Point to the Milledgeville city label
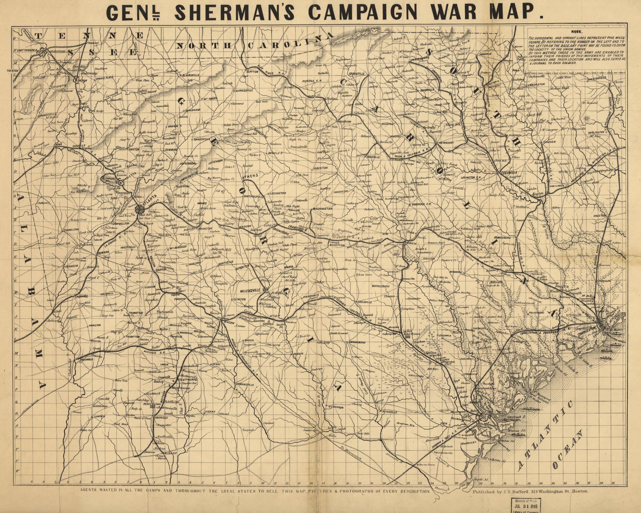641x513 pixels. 252,289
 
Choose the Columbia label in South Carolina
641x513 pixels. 509,173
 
